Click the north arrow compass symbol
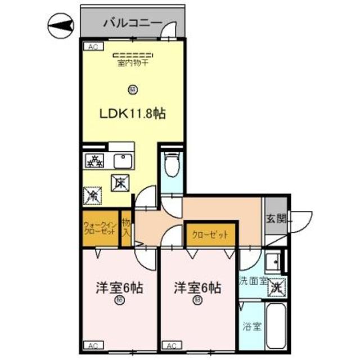pyautogui.click(x=58, y=24)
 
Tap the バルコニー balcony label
pyautogui.click(x=133, y=24)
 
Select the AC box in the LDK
pyautogui.click(x=92, y=47)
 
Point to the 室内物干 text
pyautogui.click(x=133, y=63)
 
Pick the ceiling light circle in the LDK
pyautogui.click(x=132, y=88)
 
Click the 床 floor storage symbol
pyautogui.click(x=119, y=182)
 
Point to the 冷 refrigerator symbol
pyautogui.click(x=92, y=195)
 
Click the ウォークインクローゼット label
pyautogui.click(x=100, y=228)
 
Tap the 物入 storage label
pyautogui.click(x=126, y=228)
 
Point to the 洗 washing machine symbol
pyautogui.click(x=276, y=286)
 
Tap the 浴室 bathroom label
pyautogui.click(x=252, y=326)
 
